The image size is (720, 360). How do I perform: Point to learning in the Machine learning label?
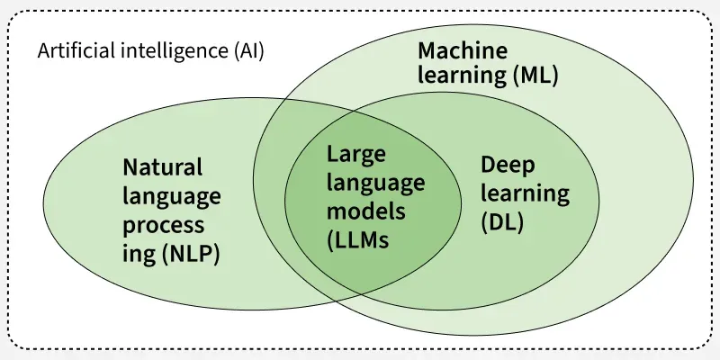[x=460, y=76]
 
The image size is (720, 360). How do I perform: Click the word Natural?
[x=163, y=167]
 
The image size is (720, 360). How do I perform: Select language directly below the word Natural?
[x=172, y=196]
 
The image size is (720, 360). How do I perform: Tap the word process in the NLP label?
[x=163, y=225]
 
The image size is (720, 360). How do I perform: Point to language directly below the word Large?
[x=375, y=183]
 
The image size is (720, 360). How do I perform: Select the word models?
[x=365, y=211]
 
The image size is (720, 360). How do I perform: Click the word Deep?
[x=508, y=165]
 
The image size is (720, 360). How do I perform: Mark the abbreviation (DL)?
[x=502, y=221]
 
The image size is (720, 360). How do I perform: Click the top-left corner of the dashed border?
[x=11, y=13]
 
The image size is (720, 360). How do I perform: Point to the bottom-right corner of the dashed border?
[x=709, y=347]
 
